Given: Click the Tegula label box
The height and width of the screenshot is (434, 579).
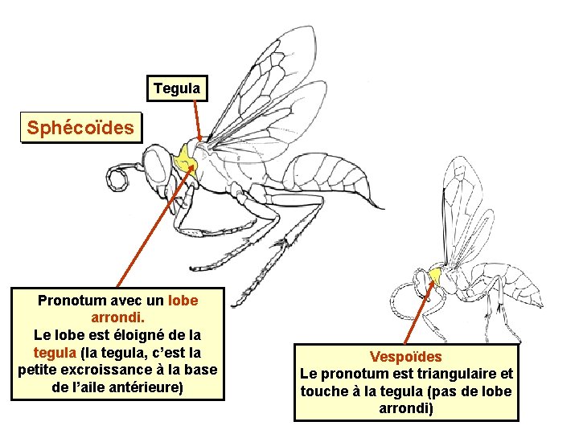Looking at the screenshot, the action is point(177,88).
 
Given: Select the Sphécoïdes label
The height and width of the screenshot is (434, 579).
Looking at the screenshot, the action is point(80,128).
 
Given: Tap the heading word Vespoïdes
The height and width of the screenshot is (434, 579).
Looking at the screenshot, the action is point(406,356).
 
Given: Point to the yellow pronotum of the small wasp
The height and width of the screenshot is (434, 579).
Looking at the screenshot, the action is point(436,276).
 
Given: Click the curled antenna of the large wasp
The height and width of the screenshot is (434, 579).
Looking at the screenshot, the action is point(120,178).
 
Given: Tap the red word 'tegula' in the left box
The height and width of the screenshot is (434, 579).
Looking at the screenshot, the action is point(55,353).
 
